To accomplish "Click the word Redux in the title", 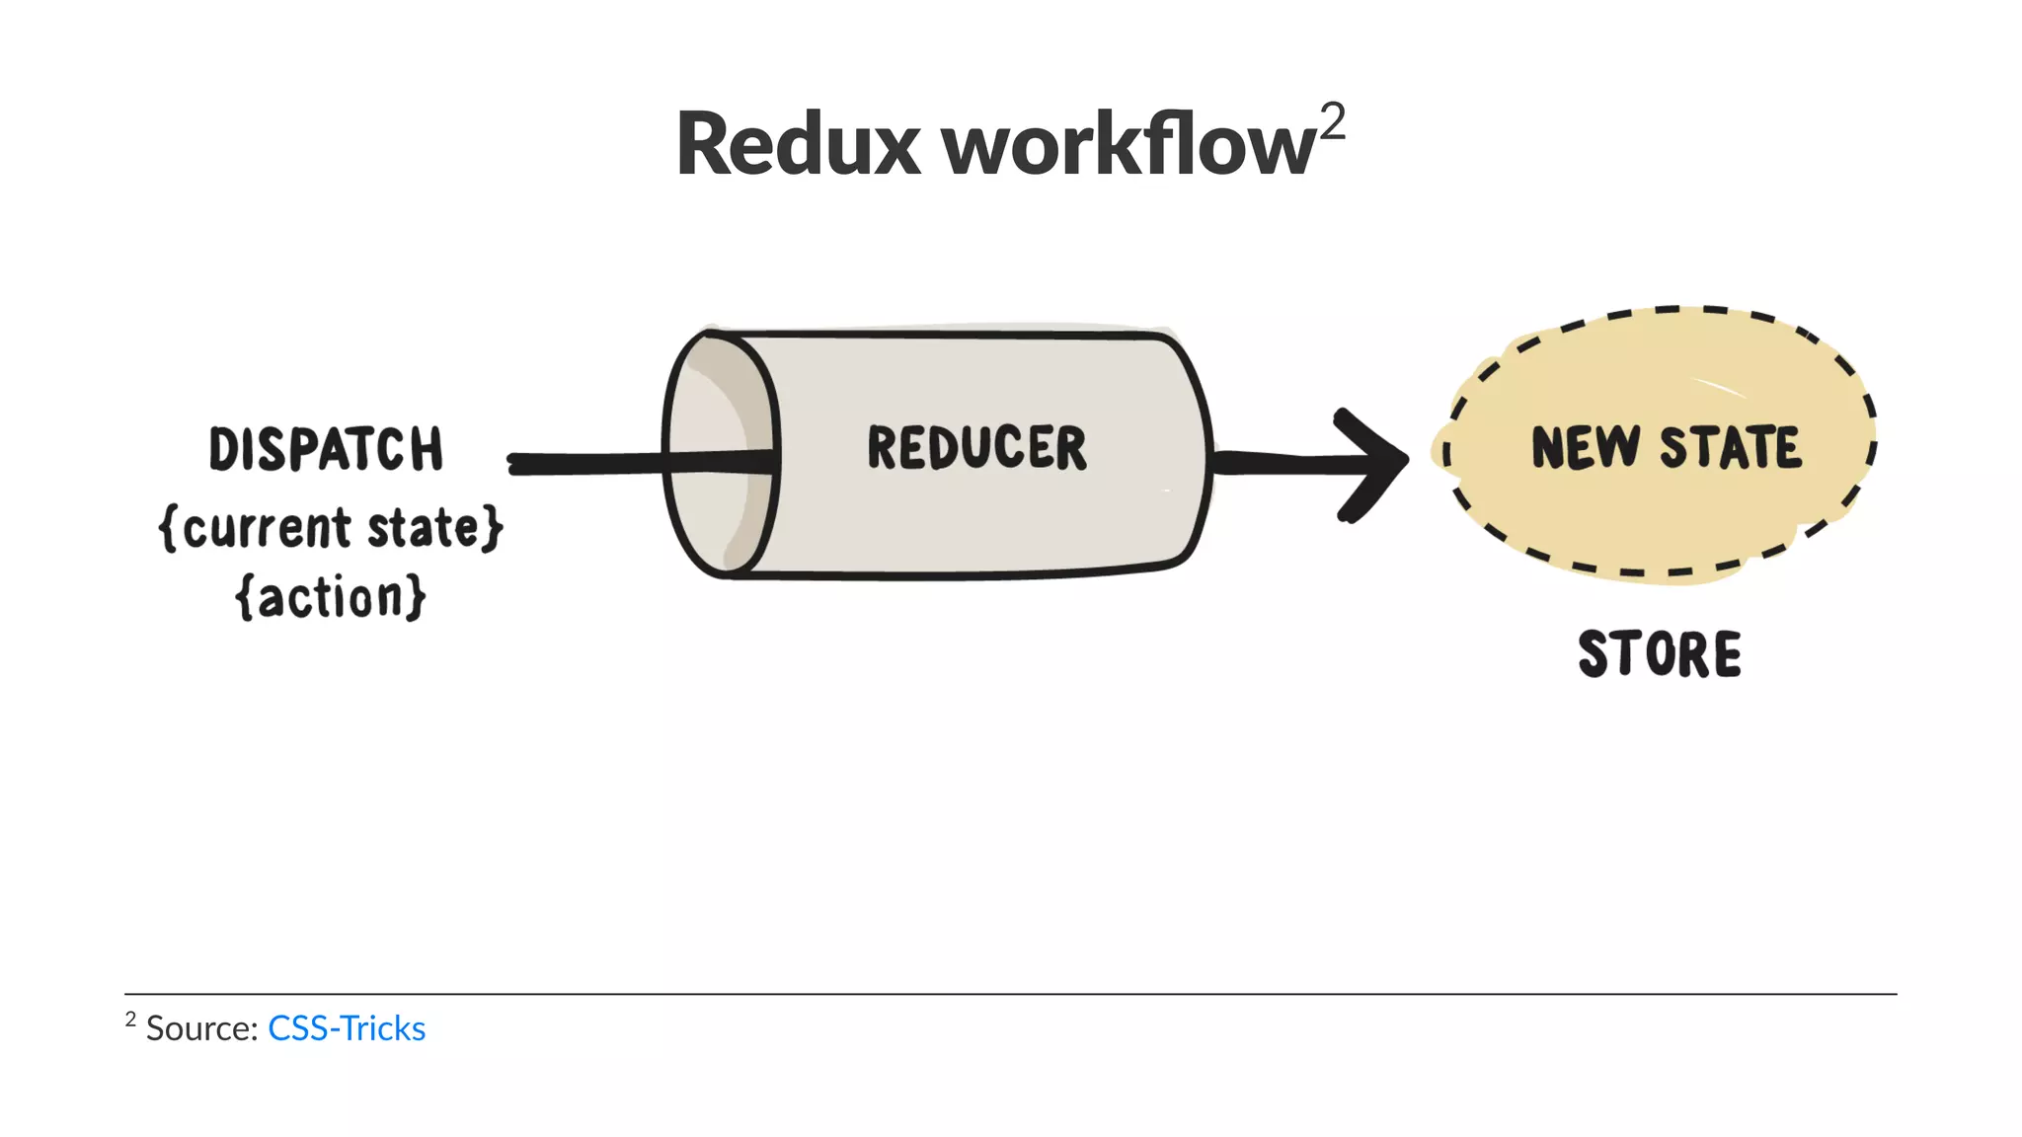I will tap(798, 145).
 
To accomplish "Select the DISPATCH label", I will tap(326, 450).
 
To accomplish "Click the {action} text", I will tap(331, 597).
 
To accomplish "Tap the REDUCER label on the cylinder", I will tap(976, 448).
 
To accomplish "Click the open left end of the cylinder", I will tap(719, 454).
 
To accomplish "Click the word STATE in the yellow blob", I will tap(1730, 448).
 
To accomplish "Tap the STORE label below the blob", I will tap(1660, 654).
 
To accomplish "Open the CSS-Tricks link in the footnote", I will tap(347, 1028).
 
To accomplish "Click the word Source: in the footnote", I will tap(202, 1028).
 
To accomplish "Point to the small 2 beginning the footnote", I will tap(130, 1019).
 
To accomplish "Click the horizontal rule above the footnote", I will tap(1011, 994).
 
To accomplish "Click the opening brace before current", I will tap(168, 528).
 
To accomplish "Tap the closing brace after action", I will tap(416, 597).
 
